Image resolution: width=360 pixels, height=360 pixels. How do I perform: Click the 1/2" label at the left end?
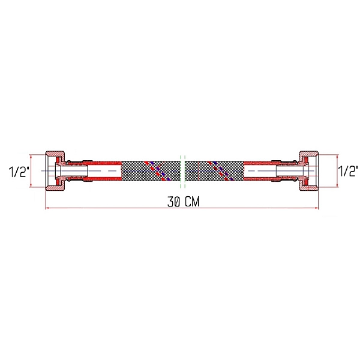[x=18, y=172]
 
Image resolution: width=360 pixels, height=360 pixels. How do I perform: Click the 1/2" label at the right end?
[x=347, y=172]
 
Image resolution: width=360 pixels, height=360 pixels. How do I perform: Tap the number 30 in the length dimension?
[x=173, y=202]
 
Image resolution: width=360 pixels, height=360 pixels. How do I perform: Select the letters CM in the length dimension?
[x=191, y=202]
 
